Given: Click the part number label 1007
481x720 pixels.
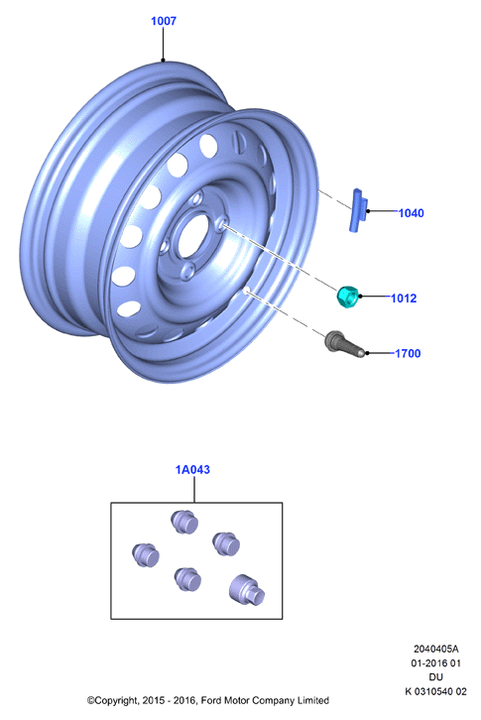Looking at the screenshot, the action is point(164,21).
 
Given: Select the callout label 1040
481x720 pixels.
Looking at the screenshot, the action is point(411,213).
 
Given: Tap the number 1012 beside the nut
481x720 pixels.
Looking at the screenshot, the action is point(404,298).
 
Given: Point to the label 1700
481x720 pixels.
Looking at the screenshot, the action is point(408,353).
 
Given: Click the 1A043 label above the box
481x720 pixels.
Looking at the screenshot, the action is point(192,470).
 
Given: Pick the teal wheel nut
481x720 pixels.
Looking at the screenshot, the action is point(348,297).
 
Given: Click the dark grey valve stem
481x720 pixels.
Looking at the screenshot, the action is point(344,346).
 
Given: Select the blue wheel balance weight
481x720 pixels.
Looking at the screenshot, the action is point(358,209).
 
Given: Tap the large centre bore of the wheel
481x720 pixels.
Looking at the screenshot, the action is point(193,235).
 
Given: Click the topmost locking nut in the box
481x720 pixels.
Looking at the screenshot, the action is point(184,522).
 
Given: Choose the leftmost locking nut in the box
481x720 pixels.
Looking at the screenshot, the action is point(146,555).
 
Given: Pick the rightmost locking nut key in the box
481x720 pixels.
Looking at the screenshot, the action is point(247,589).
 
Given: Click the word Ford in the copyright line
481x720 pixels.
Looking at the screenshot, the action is point(211,701).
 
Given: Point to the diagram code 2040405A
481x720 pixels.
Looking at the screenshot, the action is point(435,649).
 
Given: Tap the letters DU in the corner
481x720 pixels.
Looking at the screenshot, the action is point(435,676).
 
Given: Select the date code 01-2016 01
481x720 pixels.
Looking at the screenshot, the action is point(435,663).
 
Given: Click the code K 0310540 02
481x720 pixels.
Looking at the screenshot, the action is point(435,691).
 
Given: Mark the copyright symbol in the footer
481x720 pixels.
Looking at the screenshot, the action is point(90,701).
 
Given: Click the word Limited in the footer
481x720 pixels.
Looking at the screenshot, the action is point(314,701).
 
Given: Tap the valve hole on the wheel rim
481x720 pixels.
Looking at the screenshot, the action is point(246,291).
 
